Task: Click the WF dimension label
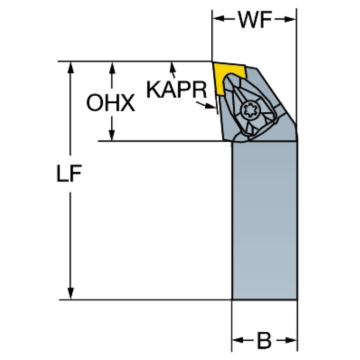point(255,20)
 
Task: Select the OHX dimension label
point(111,103)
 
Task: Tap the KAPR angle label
point(176,89)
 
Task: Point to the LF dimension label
point(69,173)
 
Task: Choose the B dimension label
point(265,340)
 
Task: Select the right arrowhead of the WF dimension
point(290,19)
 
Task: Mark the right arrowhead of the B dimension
point(291,340)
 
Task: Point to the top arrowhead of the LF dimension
point(71,68)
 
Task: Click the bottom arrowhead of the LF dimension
point(71,293)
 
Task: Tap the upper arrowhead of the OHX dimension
point(112,68)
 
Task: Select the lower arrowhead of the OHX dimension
point(112,135)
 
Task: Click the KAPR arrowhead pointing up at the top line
point(172,67)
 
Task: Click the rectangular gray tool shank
point(265,221)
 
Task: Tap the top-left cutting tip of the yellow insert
point(212,62)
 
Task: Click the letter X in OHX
point(127,103)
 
